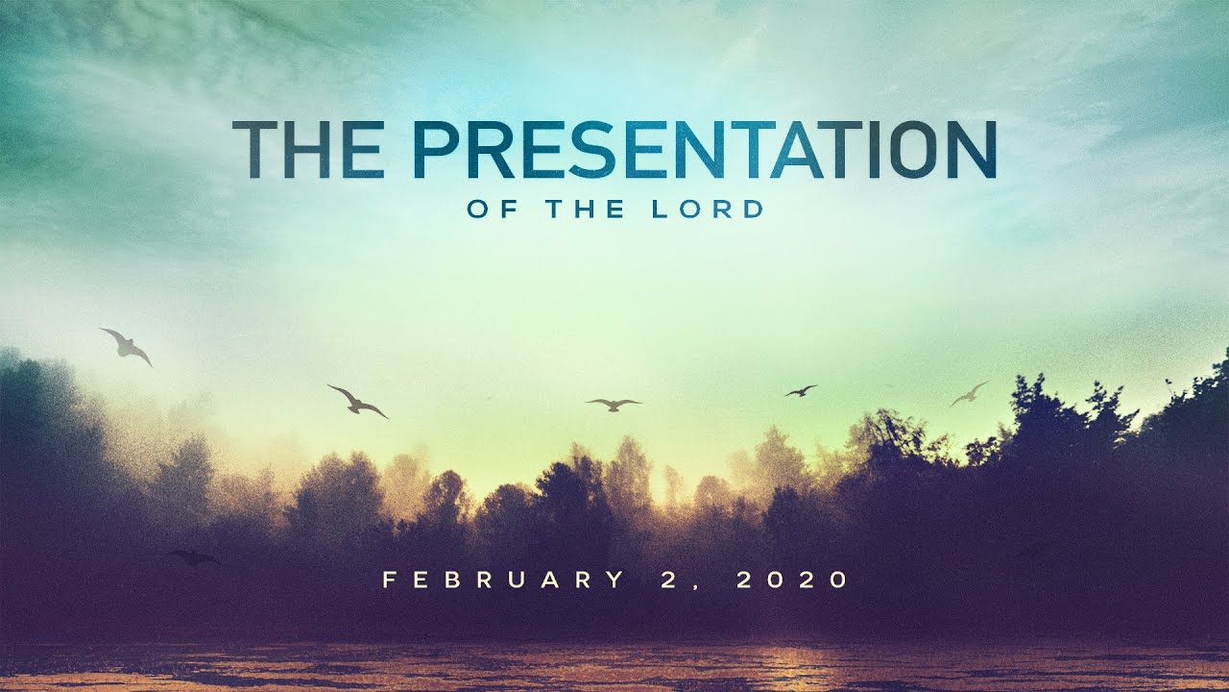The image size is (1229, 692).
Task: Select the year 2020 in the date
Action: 793,581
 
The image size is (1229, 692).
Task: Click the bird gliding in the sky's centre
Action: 614,404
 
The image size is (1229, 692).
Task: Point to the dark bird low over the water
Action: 194,556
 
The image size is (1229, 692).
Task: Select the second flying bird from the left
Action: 357,401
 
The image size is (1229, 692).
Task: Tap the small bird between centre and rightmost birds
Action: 800,391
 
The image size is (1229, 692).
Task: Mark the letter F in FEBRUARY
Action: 390,581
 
